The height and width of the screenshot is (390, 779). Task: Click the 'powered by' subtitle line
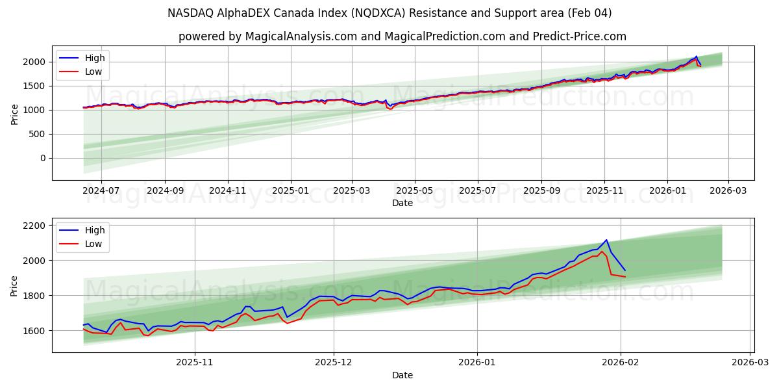pos(402,36)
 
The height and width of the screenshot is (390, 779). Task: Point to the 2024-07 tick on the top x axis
pos(101,191)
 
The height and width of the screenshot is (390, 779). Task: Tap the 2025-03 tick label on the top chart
pos(352,191)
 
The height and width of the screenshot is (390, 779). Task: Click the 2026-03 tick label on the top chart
pos(728,191)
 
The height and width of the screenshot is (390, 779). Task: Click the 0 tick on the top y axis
pos(42,158)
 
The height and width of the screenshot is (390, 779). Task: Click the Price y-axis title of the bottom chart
pos(14,285)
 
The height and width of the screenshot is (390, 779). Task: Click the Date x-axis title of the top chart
pos(402,203)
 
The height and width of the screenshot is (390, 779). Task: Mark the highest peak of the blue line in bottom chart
pos(606,240)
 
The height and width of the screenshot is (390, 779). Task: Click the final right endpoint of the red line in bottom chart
pos(625,277)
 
